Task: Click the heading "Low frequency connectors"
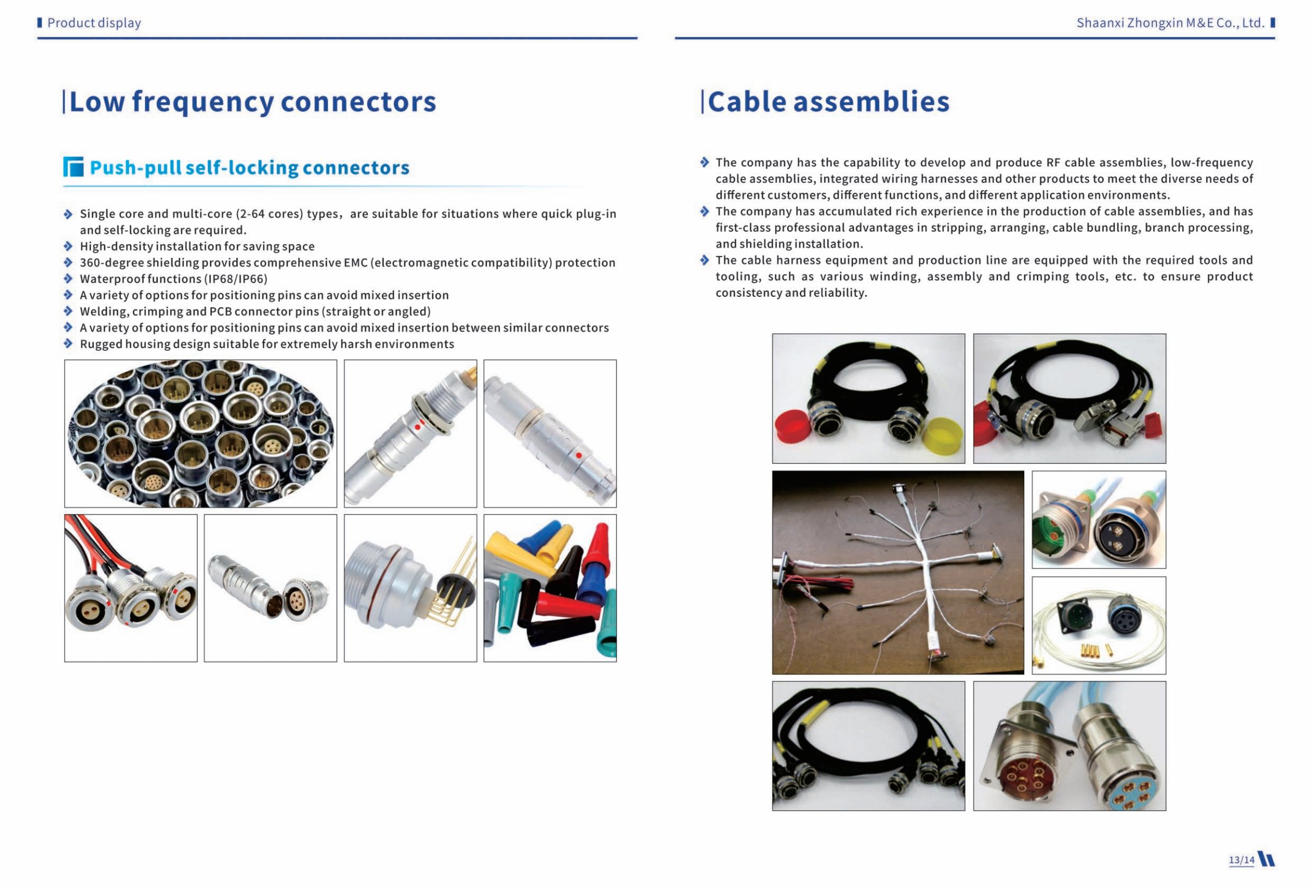click(x=252, y=102)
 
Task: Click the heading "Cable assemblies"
click(x=828, y=102)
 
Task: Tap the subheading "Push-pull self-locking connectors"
click(x=250, y=167)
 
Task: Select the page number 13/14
click(x=1241, y=860)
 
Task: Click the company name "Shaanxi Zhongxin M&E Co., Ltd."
click(x=1170, y=23)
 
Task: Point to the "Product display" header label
click(x=94, y=23)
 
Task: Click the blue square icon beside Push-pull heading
click(x=73, y=167)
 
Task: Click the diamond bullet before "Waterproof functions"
click(x=68, y=279)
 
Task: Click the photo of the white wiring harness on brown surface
click(x=897, y=572)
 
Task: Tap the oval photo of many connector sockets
click(x=201, y=434)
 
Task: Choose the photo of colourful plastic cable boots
click(x=550, y=588)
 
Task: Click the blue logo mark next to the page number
click(x=1267, y=859)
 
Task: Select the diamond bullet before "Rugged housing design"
click(x=68, y=344)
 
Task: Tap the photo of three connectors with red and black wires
click(x=131, y=588)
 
